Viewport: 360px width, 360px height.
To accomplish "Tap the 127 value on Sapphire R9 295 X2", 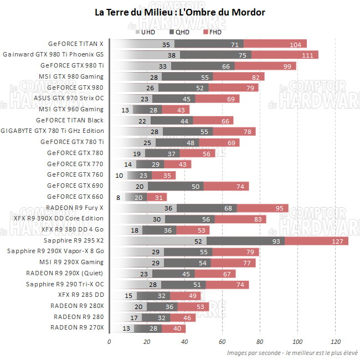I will click(338, 241).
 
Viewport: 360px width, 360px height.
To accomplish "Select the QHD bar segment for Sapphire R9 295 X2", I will click(245, 241).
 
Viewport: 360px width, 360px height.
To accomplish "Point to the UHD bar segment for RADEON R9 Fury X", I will click(143, 208).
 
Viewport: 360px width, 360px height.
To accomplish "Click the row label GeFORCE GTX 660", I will click(75, 197).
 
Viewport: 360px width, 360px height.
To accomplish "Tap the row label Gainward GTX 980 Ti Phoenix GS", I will click(53, 54).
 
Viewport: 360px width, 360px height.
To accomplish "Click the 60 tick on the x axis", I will click(222, 342).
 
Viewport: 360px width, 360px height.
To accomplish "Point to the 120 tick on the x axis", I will click(335, 342).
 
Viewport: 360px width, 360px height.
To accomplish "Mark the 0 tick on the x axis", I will click(109, 342).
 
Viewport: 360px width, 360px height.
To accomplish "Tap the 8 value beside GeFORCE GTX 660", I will click(118, 197).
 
